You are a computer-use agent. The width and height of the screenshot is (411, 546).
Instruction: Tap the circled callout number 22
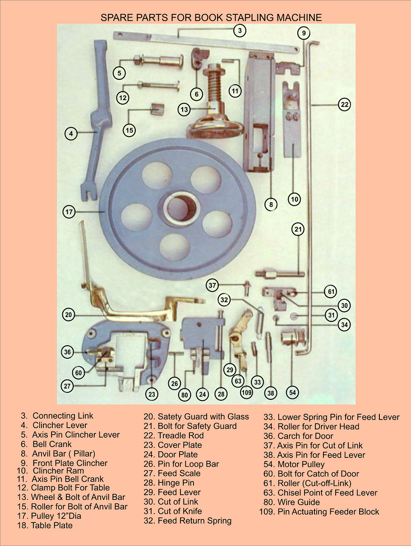click(x=344, y=105)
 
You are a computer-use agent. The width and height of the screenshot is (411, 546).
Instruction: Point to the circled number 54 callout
click(x=293, y=393)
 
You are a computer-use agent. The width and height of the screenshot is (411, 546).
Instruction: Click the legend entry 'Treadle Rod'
click(x=180, y=435)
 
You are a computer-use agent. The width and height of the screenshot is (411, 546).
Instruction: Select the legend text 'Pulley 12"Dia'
click(x=56, y=516)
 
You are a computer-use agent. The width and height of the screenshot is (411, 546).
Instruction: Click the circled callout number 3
click(x=240, y=31)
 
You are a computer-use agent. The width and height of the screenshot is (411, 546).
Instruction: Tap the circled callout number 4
click(x=71, y=133)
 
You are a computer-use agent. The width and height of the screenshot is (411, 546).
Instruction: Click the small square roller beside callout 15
click(x=156, y=109)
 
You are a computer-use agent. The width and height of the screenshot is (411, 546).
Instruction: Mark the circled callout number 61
click(x=331, y=292)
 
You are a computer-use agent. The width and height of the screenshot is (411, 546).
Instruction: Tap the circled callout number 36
click(x=68, y=352)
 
